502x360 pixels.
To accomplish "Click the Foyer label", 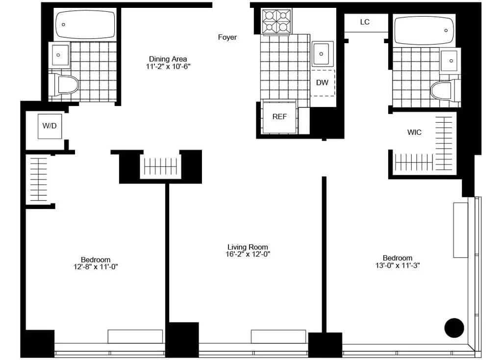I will click(x=227, y=37).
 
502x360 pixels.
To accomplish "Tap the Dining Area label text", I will click(x=168, y=59).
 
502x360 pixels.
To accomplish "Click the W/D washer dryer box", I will click(x=50, y=126).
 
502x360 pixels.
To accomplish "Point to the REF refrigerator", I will click(x=279, y=117).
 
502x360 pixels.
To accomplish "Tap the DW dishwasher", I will click(x=322, y=82).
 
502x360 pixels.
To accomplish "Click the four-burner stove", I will click(x=276, y=21).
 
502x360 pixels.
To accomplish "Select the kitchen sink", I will click(x=323, y=53).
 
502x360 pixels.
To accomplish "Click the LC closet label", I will click(x=365, y=22).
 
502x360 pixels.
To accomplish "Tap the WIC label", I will click(x=414, y=132).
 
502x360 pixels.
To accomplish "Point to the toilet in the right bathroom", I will click(x=442, y=90).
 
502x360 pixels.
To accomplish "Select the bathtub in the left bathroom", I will click(x=85, y=25).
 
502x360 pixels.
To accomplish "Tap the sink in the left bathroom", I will click(x=60, y=54).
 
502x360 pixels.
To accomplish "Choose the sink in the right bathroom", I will click(x=449, y=61).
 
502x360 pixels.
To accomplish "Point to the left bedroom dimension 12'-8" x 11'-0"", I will click(x=96, y=267).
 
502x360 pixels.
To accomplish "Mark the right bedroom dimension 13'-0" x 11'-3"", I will click(x=398, y=265).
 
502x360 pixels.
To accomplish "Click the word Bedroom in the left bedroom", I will click(x=96, y=259).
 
